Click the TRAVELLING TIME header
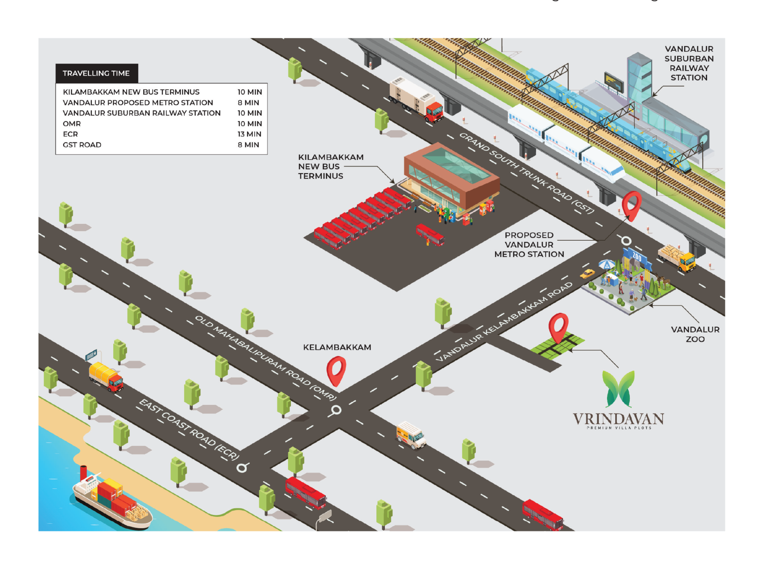pos(96,73)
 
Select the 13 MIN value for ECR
pos(249,134)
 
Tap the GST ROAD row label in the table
pos(82,145)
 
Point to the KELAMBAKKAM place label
pos(337,347)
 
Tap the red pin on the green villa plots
pos(558,327)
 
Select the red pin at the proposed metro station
pos(631,205)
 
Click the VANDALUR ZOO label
pos(695,334)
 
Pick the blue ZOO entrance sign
pos(637,257)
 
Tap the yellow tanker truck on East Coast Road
pos(106,376)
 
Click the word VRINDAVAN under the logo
pos(618,419)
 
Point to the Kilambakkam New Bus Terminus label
pos(330,167)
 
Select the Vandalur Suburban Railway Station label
pos(689,63)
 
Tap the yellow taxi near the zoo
pos(587,274)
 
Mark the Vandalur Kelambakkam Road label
pos(504,322)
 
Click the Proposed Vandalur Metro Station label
pos(529,245)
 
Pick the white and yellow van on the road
pos(411,435)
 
